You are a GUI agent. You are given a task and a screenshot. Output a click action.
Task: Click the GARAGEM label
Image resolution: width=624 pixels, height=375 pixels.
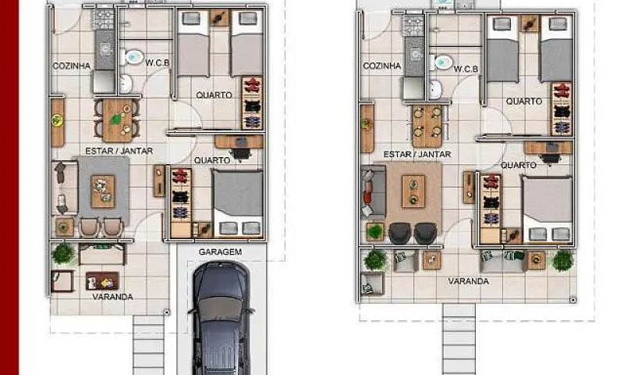[x=220, y=252]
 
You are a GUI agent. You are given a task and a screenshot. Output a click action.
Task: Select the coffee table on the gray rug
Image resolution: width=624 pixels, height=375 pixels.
[x=103, y=191]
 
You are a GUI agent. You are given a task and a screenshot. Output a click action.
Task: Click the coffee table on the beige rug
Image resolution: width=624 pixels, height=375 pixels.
[x=413, y=191]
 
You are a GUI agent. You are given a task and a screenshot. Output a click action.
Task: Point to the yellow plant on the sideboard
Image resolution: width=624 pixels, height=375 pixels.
[x=57, y=120]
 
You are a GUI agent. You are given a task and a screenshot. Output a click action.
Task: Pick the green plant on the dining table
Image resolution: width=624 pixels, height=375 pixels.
[x=116, y=119]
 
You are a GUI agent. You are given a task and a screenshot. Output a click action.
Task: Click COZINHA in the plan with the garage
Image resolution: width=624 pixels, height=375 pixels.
[x=72, y=66]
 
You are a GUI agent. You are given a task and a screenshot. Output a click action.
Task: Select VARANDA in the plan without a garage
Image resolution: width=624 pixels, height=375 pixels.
[x=469, y=281]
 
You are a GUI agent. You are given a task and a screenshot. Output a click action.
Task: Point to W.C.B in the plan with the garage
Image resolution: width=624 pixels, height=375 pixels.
[x=158, y=62]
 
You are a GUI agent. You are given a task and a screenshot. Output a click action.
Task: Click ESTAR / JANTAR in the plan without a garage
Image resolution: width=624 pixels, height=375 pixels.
[x=417, y=154]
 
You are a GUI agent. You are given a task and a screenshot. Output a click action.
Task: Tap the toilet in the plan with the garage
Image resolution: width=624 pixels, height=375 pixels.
[x=132, y=57]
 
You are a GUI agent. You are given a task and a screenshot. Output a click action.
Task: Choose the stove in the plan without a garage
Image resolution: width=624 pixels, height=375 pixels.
[x=414, y=26]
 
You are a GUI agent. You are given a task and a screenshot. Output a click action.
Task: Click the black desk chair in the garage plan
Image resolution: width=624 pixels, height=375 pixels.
[x=241, y=153]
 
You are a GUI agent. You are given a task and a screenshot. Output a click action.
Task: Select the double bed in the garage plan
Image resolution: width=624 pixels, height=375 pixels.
[x=238, y=203]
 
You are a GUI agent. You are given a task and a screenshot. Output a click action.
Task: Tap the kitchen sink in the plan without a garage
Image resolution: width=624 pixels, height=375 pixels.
[x=415, y=55]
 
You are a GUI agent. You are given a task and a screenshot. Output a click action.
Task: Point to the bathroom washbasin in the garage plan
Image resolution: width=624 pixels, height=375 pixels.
[x=126, y=83]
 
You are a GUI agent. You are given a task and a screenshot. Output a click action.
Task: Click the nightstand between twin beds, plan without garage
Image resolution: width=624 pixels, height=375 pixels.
[x=530, y=23]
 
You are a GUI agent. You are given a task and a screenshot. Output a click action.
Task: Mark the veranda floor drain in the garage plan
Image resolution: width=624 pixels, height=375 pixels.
[x=167, y=312]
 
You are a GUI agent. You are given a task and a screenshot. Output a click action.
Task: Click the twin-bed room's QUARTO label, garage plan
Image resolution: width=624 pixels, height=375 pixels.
[x=214, y=95]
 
